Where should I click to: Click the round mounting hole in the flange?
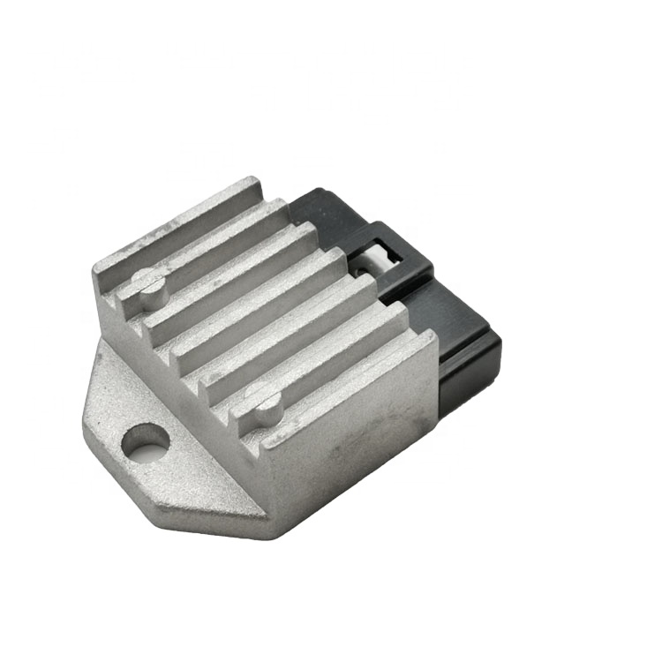(146, 442)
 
